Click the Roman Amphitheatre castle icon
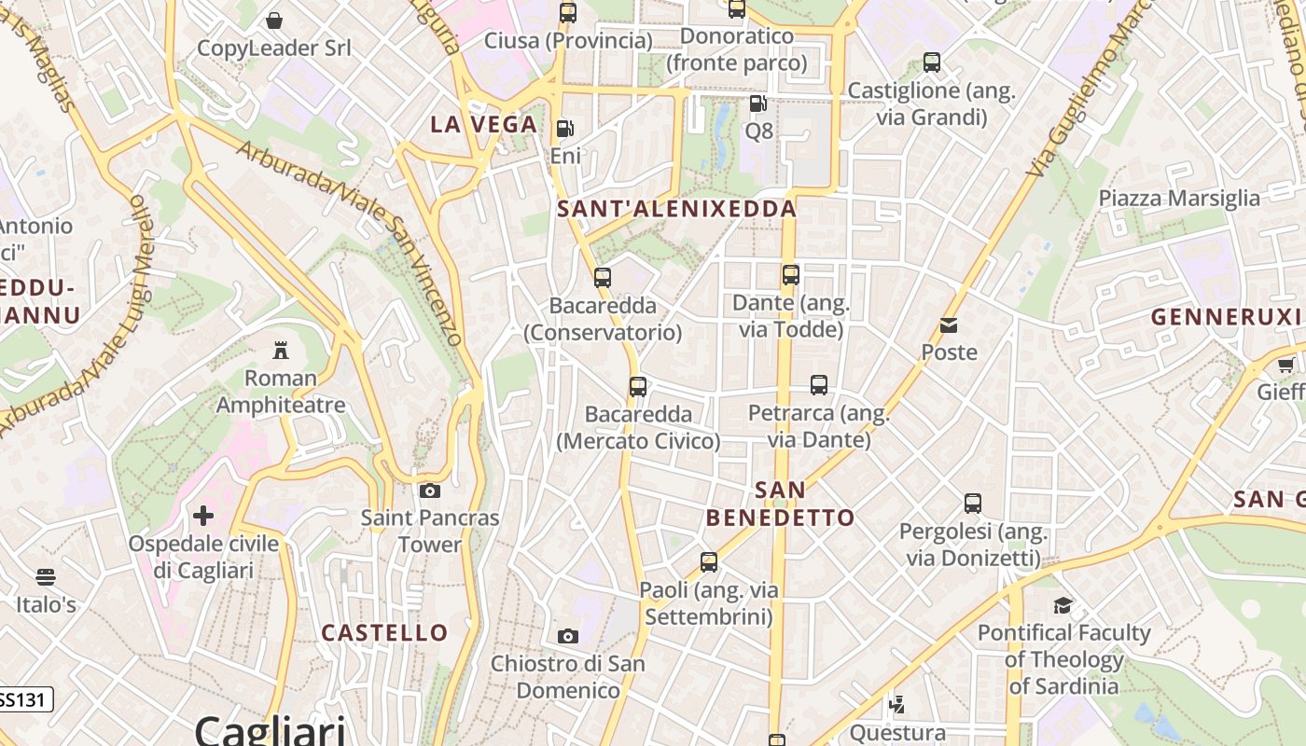point(280,351)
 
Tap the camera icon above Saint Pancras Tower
point(429,490)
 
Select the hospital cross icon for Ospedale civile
point(203,516)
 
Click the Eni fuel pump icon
point(564,129)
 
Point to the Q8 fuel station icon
point(758,104)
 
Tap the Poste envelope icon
point(949,325)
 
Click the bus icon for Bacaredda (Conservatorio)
point(603,278)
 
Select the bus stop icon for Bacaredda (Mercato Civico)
point(638,387)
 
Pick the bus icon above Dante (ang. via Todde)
point(791,275)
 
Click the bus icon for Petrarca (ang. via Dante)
point(819,385)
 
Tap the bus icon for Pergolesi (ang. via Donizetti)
point(973,504)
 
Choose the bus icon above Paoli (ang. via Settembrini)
point(709,562)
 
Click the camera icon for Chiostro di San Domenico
point(567,637)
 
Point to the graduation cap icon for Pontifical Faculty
point(1063,606)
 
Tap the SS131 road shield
point(24,699)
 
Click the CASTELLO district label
point(384,632)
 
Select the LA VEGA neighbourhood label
point(483,124)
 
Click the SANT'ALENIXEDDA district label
point(676,209)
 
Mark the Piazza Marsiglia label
point(1179,198)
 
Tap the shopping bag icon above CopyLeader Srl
point(274,21)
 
